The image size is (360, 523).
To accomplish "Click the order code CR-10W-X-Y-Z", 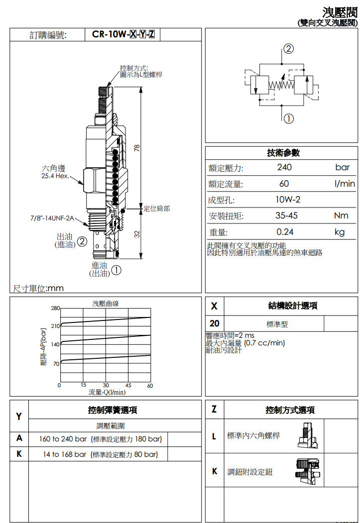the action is point(123,34).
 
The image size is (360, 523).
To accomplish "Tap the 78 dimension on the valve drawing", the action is point(137,148).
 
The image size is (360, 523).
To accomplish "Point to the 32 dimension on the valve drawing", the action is point(137,234).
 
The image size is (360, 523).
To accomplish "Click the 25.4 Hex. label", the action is point(55,176).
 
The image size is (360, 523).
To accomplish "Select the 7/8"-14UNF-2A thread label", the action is point(52,218).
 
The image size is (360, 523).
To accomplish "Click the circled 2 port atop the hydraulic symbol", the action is point(288,49).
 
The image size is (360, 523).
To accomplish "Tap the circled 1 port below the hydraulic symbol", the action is point(289,118).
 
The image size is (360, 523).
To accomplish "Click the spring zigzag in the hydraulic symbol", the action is point(281,86).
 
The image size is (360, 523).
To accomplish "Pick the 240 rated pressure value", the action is point(284,167).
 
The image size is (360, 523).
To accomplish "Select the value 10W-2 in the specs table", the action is point(288,200).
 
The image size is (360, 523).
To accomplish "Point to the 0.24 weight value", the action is point(285,232).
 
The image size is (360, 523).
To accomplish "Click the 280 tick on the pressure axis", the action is point(55,308).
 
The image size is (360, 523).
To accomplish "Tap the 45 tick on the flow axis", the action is point(128,385).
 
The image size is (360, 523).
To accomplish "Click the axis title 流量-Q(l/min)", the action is point(107,392).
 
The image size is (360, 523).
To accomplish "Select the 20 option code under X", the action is point(214,323).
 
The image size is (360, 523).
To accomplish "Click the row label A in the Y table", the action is point(19,438).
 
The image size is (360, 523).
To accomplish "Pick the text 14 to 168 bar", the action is point(64,454).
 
